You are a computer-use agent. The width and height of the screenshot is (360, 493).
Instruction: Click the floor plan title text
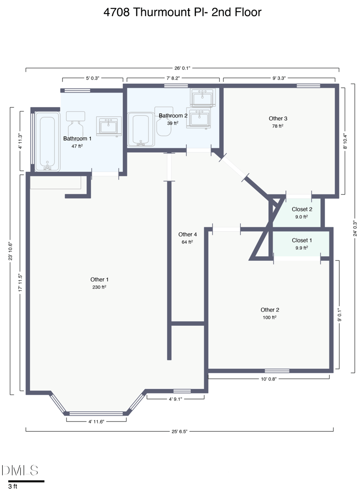point(182,12)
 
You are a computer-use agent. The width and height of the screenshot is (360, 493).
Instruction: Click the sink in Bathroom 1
point(108,126)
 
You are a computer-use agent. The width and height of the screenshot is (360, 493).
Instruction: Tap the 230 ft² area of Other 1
point(99,287)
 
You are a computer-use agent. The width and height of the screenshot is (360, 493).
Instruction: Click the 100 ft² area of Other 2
point(270,317)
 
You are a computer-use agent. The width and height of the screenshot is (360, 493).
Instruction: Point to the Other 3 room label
point(278,119)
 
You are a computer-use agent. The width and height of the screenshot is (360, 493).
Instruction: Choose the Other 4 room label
point(188,234)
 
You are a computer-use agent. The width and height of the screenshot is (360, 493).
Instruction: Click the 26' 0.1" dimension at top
point(182,68)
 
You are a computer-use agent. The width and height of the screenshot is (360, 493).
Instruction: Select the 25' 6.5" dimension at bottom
point(179,431)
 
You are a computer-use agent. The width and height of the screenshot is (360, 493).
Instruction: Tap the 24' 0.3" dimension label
point(355,228)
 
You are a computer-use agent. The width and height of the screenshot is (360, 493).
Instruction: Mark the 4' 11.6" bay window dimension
point(96,421)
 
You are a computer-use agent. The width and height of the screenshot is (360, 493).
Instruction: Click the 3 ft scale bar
point(26,481)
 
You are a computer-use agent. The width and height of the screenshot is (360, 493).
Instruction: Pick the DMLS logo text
point(20,471)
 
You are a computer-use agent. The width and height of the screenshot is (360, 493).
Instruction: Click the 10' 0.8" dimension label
point(268,379)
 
